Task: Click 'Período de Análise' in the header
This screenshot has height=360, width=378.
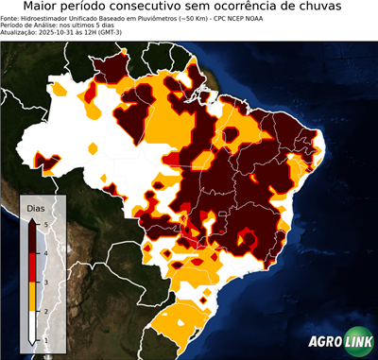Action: point(32,25)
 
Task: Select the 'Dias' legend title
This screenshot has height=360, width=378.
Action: point(36,207)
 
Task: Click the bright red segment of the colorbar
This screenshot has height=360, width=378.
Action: point(34,267)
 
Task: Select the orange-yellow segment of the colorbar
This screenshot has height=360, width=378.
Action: point(34,297)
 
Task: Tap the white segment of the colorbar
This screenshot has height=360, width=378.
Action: point(34,326)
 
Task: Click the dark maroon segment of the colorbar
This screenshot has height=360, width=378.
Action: point(34,238)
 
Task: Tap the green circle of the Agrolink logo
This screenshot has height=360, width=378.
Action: point(359,341)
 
